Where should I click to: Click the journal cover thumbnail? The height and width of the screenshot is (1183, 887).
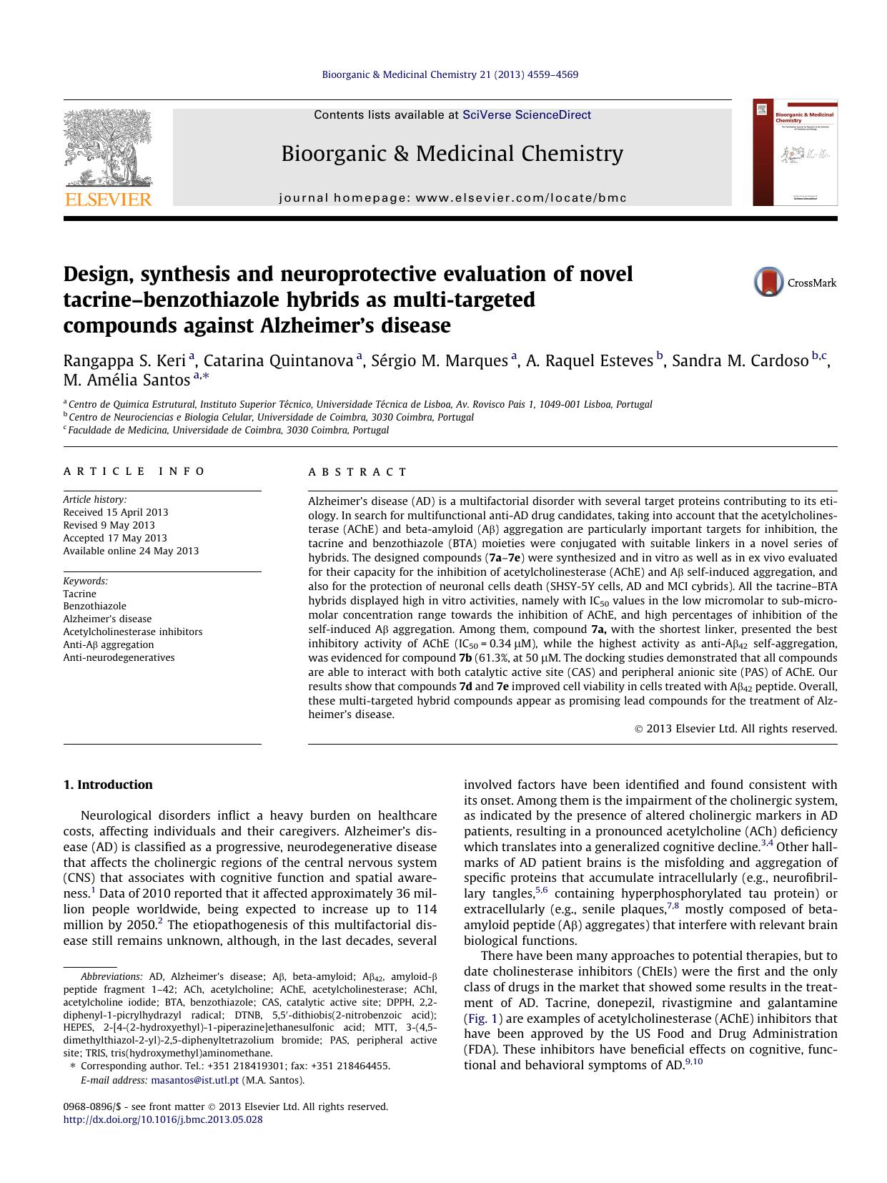pos(794,152)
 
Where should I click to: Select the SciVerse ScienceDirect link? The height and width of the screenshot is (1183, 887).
pos(527,114)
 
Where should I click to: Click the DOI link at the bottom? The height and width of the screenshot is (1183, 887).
pos(163,1119)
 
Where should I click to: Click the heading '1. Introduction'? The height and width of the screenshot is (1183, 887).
pos(108,785)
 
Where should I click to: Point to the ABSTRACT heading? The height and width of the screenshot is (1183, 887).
pos(357,472)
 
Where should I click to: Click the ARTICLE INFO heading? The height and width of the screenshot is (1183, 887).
pos(134,471)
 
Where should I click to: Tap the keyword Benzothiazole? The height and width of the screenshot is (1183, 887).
pos(94,606)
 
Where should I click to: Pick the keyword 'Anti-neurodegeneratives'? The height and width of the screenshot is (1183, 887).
pos(119,657)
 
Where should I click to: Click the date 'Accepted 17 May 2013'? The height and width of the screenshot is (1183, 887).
pos(115,538)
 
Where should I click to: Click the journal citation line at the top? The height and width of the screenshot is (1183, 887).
pos(450,74)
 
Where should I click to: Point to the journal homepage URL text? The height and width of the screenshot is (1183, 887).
pos(452,198)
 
